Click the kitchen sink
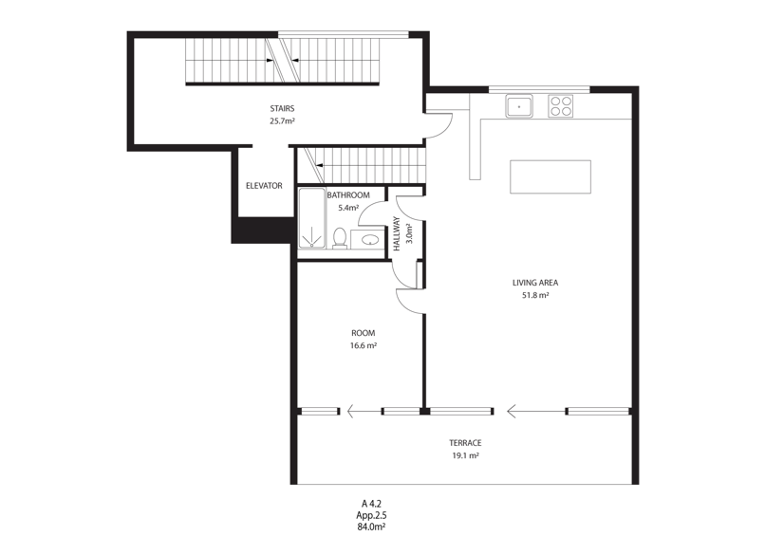(x=519, y=106)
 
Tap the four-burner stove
(x=560, y=106)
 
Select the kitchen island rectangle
(x=551, y=176)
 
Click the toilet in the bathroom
(x=340, y=238)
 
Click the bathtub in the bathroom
(x=311, y=217)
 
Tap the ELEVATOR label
(x=264, y=186)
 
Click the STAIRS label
(x=282, y=108)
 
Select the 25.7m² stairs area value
(x=282, y=120)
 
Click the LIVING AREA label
(x=535, y=282)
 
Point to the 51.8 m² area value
(x=535, y=295)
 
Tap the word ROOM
(x=364, y=333)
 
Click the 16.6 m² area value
(x=364, y=345)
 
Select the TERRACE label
(x=465, y=443)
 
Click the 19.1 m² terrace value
(x=465, y=455)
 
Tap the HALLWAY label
(x=397, y=233)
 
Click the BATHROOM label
(x=348, y=194)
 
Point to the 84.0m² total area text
(x=372, y=527)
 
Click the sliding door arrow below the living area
(x=536, y=411)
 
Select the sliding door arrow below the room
(x=364, y=412)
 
